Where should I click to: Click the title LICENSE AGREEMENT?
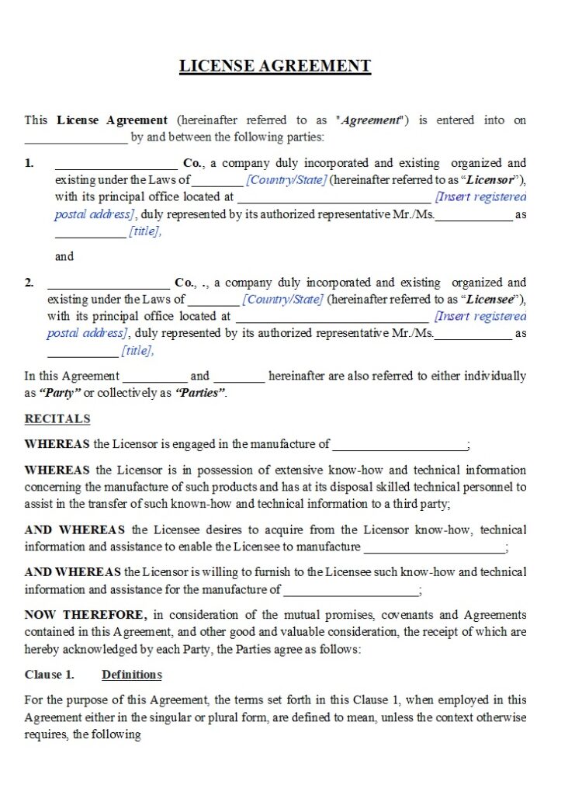(275, 66)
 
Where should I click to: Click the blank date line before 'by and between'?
(76, 140)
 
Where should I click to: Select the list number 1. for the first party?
(29, 163)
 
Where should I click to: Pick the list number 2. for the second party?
(29, 283)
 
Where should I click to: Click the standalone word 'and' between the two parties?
(64, 256)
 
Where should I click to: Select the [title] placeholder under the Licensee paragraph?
(137, 351)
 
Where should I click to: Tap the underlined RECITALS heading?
(57, 419)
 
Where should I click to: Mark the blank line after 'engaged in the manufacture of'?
(399, 445)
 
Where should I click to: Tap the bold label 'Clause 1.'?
(50, 675)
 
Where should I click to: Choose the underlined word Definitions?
(132, 675)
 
